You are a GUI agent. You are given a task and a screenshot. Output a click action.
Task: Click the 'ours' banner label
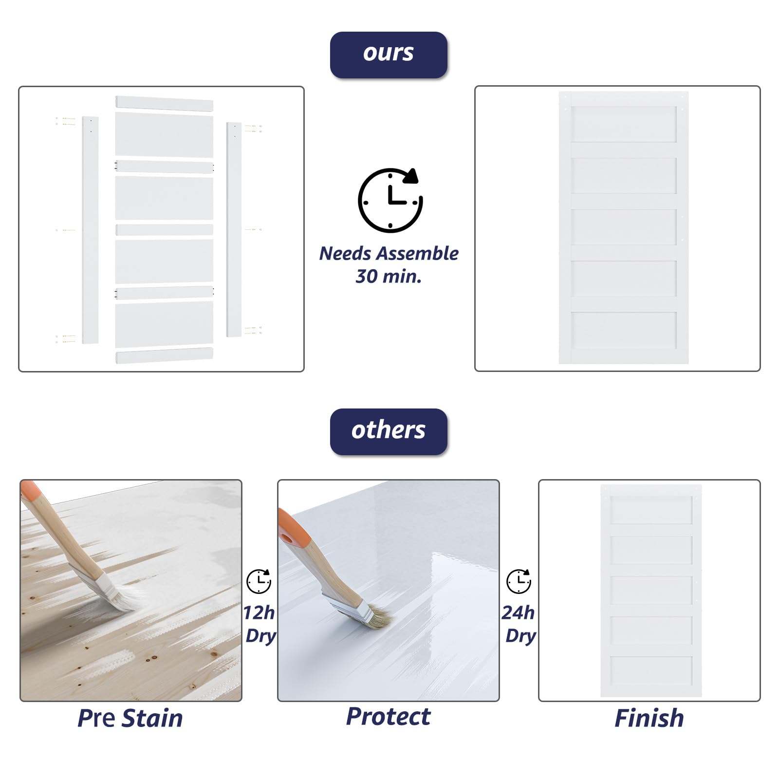[389, 55]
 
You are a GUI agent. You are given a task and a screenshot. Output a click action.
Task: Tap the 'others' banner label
[389, 431]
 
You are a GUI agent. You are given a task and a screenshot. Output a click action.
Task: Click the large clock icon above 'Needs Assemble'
[390, 200]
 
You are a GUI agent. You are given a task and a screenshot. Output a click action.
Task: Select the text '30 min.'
[389, 277]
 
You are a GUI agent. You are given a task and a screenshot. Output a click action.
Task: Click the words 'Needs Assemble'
[389, 254]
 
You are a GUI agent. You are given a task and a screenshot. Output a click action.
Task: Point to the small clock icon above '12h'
[259, 581]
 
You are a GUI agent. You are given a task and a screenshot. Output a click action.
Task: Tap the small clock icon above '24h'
[519, 581]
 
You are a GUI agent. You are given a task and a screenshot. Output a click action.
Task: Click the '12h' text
[259, 612]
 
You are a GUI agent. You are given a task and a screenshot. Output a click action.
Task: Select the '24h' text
[519, 612]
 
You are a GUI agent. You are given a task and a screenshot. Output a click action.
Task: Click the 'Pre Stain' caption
[130, 719]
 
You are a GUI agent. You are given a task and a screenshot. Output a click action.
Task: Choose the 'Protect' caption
[389, 717]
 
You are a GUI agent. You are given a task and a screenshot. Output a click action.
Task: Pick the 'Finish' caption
[649, 719]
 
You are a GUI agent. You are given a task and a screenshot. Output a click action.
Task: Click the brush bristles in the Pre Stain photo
[129, 598]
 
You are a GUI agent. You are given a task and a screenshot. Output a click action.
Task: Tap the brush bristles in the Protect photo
[380, 617]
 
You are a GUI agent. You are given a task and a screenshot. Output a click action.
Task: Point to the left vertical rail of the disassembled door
[90, 230]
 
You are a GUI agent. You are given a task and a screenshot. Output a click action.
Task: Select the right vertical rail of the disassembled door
[234, 229]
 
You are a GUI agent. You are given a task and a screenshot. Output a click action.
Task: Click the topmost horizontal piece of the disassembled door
[164, 104]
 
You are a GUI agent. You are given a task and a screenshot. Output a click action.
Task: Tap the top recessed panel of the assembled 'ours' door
[624, 124]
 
